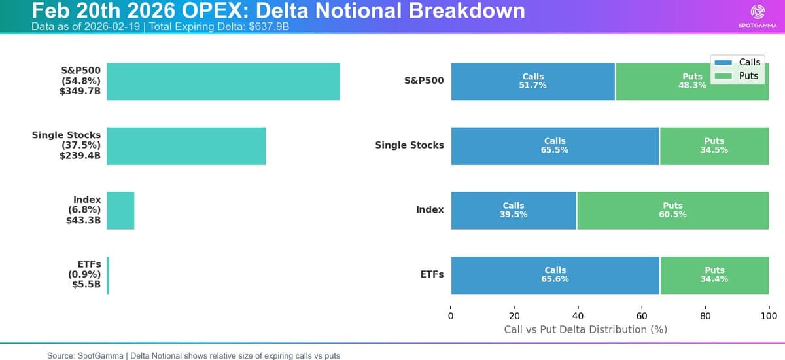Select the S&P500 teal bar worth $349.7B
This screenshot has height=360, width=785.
click(x=223, y=81)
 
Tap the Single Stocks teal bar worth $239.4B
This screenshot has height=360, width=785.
click(x=186, y=145)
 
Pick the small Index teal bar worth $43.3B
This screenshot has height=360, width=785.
click(x=120, y=210)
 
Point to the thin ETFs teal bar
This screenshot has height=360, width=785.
click(x=108, y=275)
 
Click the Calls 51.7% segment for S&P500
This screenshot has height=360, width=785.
click(x=533, y=81)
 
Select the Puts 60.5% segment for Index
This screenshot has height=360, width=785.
click(x=672, y=210)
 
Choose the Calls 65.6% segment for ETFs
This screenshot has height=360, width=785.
click(x=555, y=275)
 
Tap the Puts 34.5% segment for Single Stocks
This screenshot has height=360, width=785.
click(x=714, y=145)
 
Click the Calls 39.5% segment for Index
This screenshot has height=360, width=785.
click(x=514, y=210)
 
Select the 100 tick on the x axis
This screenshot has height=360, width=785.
click(x=769, y=316)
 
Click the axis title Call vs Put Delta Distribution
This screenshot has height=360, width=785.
click(x=585, y=329)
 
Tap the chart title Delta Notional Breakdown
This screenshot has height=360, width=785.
click(x=278, y=10)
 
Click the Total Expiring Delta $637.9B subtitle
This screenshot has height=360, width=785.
click(x=160, y=27)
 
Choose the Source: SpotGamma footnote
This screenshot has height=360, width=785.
click(x=193, y=355)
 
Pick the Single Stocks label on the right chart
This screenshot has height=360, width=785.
click(x=409, y=145)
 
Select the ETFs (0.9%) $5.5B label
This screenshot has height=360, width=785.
click(x=84, y=275)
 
